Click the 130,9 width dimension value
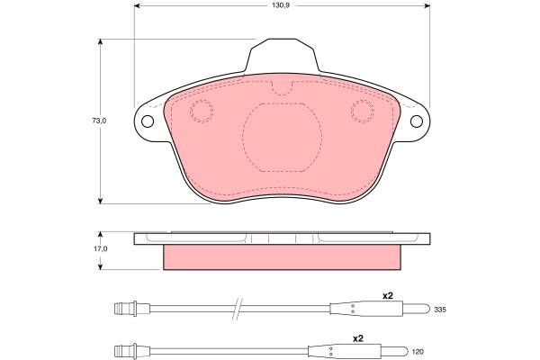tap(282, 5)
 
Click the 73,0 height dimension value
tap(99, 121)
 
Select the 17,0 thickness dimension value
tap(101, 248)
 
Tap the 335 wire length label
tap(440, 310)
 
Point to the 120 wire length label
tap(418, 352)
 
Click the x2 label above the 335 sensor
tap(388, 295)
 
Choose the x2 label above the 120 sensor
tap(358, 338)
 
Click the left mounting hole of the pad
tap(148, 121)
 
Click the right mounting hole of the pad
tap(417, 121)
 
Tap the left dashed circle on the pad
tap(202, 111)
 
